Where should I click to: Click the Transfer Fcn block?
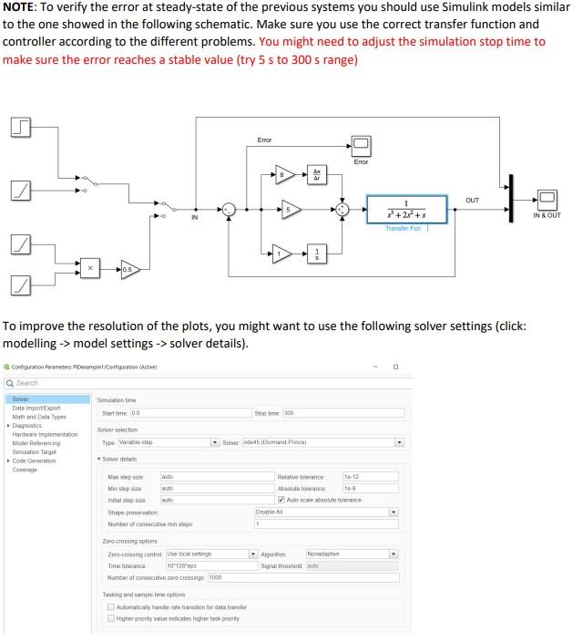[x=407, y=209]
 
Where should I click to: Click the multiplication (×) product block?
[x=90, y=268]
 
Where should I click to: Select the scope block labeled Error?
[x=361, y=144]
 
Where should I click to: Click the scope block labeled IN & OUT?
[x=547, y=199]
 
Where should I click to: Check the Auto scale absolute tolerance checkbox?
[x=281, y=500]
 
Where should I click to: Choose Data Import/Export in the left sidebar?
[x=32, y=408]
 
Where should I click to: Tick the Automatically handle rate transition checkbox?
[x=111, y=606]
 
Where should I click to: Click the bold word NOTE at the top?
[x=21, y=9]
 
